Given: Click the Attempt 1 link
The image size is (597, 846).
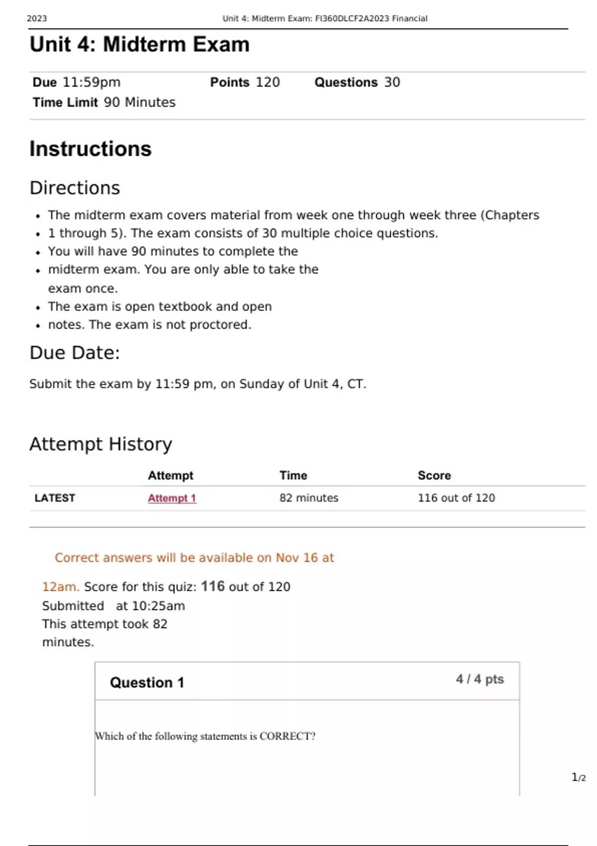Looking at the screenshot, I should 172,498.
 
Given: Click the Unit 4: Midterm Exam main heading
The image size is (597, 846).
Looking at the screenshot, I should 139,45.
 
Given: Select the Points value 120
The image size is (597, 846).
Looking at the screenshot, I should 268,82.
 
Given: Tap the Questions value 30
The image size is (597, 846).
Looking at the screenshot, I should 392,82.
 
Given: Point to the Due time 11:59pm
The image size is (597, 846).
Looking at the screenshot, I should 92,82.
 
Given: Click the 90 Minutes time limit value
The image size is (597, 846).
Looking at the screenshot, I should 139,103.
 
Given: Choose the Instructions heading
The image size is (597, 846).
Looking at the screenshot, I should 91,149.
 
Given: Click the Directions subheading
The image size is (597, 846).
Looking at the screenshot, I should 75,188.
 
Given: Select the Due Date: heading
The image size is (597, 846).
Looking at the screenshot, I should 75,353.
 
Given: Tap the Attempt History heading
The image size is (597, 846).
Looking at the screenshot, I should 100,444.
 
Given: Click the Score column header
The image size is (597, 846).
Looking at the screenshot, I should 434,476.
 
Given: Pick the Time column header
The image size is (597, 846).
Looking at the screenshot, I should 293,476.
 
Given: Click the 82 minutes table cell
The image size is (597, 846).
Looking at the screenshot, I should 308,498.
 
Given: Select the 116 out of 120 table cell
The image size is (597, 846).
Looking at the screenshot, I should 456,498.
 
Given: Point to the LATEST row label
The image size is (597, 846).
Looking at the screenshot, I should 55,498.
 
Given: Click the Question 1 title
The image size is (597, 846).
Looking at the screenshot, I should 147,683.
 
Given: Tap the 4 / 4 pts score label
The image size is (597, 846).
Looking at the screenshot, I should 480,679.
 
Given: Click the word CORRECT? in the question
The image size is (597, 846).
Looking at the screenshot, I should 288,737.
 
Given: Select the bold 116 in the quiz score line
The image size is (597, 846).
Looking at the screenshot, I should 212,586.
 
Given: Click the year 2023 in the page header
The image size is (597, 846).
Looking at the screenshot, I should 37,19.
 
